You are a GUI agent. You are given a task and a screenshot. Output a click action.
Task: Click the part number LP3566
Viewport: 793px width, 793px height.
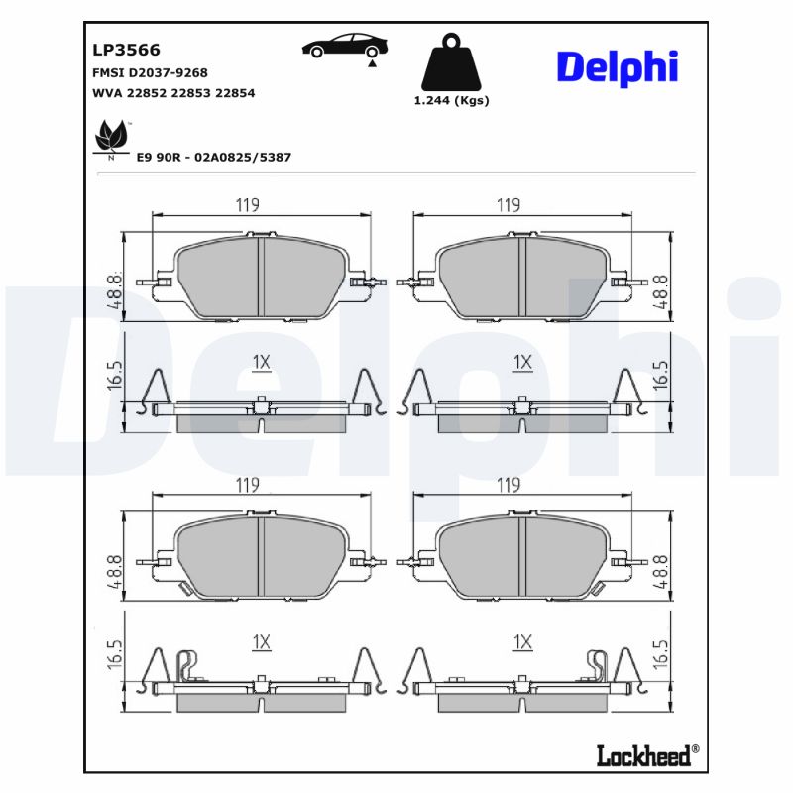point(126,50)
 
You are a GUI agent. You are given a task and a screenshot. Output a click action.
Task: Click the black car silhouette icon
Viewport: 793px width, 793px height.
point(345,46)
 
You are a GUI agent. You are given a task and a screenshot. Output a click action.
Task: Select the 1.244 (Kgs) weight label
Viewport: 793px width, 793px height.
point(451,100)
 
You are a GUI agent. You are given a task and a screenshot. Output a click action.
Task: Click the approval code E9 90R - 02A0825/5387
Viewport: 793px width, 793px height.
point(213,157)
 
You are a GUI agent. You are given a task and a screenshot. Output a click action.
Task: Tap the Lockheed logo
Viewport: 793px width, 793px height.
point(641,755)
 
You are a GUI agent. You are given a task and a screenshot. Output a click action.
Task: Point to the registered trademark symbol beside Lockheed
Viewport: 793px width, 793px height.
point(695,748)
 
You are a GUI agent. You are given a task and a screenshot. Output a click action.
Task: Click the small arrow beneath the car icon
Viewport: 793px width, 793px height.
point(372,62)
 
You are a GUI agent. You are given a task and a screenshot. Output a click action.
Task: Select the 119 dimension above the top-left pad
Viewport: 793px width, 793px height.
point(247,205)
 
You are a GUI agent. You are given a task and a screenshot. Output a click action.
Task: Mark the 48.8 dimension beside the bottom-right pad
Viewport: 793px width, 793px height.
point(661,573)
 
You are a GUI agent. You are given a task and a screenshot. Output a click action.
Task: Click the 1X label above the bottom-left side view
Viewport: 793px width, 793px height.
point(261,643)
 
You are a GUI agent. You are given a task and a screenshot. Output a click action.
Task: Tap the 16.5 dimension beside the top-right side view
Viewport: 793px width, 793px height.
point(661,375)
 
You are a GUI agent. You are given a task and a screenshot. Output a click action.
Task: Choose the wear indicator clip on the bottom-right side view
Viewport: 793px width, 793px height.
point(597,666)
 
